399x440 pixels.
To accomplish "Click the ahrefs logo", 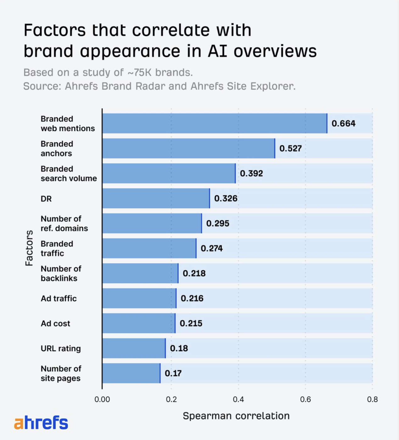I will click(x=41, y=422).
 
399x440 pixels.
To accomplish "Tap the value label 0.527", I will click(x=290, y=148).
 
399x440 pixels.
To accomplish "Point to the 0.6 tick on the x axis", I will click(x=305, y=399).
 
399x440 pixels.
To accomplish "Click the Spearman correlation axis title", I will click(x=236, y=416).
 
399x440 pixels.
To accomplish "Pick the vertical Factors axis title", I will click(x=29, y=248).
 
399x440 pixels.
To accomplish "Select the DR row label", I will click(x=46, y=199).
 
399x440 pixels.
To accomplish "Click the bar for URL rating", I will click(x=134, y=348).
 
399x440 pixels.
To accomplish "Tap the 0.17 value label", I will click(x=173, y=373).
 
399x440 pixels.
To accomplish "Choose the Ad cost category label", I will click(x=55, y=324).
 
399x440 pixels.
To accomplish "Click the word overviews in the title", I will click(x=275, y=51).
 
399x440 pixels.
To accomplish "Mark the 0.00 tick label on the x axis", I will click(x=102, y=399).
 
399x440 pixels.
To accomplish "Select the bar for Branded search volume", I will click(x=169, y=173).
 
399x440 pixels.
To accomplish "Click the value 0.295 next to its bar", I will click(x=218, y=223).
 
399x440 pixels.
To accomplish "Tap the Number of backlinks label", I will click(x=61, y=274).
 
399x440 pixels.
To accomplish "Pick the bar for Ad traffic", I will click(x=139, y=298).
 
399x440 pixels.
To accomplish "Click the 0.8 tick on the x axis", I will click(x=372, y=399).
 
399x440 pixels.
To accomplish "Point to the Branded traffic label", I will click(x=57, y=248).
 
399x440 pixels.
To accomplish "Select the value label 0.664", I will click(x=343, y=123).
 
